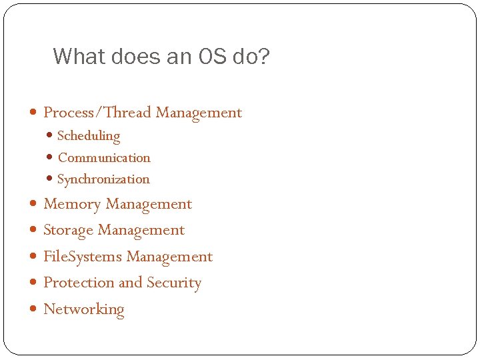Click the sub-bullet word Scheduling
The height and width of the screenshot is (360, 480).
point(89,136)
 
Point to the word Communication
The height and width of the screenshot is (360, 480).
point(104,158)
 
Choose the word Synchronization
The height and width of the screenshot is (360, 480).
point(103,179)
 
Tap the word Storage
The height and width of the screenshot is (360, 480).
point(68,231)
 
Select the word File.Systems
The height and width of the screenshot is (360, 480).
point(83,257)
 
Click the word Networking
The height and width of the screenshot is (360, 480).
point(83,309)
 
